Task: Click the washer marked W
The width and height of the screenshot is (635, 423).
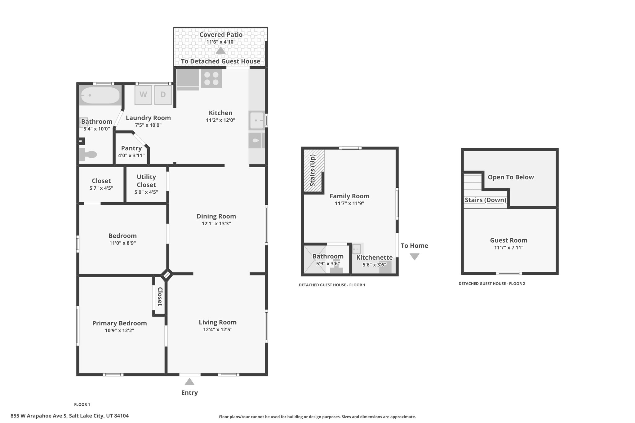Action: [143, 95]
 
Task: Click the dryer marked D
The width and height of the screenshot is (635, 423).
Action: [163, 95]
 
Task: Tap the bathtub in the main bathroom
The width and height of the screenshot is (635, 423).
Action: [100, 95]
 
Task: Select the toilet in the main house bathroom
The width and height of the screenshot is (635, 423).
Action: [88, 154]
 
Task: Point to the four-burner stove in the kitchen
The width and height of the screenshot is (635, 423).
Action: [211, 78]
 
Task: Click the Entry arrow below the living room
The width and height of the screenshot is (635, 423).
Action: [189, 382]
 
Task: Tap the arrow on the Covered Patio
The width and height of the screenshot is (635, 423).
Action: [220, 50]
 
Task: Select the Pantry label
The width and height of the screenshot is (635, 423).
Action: [131, 148]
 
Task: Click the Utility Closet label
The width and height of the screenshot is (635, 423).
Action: [146, 181]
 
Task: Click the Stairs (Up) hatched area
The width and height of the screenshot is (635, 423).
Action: [313, 171]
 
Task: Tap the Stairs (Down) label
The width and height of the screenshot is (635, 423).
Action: [486, 200]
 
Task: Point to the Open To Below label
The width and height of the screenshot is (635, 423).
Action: [511, 177]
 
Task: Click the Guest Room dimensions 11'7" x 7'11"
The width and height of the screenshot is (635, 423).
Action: [509, 248]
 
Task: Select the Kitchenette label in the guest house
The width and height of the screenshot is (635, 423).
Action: [374, 258]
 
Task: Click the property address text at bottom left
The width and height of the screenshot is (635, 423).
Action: [70, 416]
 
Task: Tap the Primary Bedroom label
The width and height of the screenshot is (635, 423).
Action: [119, 323]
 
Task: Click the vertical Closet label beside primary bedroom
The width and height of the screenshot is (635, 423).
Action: [160, 297]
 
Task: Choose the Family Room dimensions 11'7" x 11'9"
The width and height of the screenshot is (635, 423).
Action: [349, 203]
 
